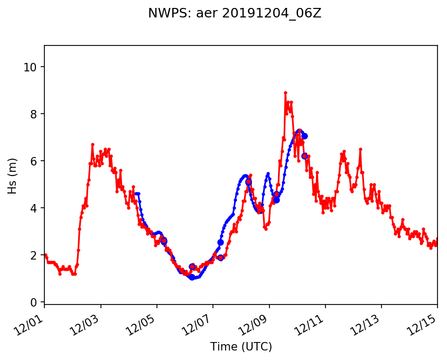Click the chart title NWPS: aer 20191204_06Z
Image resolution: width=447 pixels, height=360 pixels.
click(235, 14)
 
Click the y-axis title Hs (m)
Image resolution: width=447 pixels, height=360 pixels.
click(12, 176)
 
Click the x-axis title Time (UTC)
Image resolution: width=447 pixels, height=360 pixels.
click(241, 347)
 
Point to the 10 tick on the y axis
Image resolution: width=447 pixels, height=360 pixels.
click(31, 67)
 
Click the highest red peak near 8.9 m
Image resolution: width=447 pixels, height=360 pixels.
click(285, 93)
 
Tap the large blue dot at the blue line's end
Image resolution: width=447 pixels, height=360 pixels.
click(304, 136)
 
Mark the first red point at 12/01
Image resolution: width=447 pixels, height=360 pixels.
click(45, 255)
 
